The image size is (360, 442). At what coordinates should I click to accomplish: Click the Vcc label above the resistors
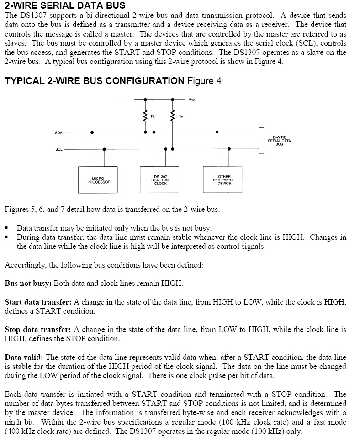click(191, 99)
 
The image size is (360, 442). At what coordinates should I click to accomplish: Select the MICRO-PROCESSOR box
click(99, 180)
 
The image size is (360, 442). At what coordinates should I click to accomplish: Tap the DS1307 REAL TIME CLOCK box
click(160, 180)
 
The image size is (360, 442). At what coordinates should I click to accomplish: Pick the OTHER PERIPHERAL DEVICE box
click(224, 180)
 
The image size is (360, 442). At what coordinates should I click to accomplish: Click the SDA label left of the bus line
click(58, 132)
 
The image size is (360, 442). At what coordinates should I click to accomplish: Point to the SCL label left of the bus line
click(58, 149)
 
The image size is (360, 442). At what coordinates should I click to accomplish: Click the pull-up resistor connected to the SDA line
click(145, 116)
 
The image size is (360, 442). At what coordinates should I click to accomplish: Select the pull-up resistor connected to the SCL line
click(173, 116)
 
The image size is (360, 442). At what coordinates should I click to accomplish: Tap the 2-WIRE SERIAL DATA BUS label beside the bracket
click(279, 141)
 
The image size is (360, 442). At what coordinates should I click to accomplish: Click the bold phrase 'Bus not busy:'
click(28, 283)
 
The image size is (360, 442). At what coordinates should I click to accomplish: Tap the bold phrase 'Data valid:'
click(24, 357)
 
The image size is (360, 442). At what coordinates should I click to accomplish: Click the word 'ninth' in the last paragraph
click(13, 422)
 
